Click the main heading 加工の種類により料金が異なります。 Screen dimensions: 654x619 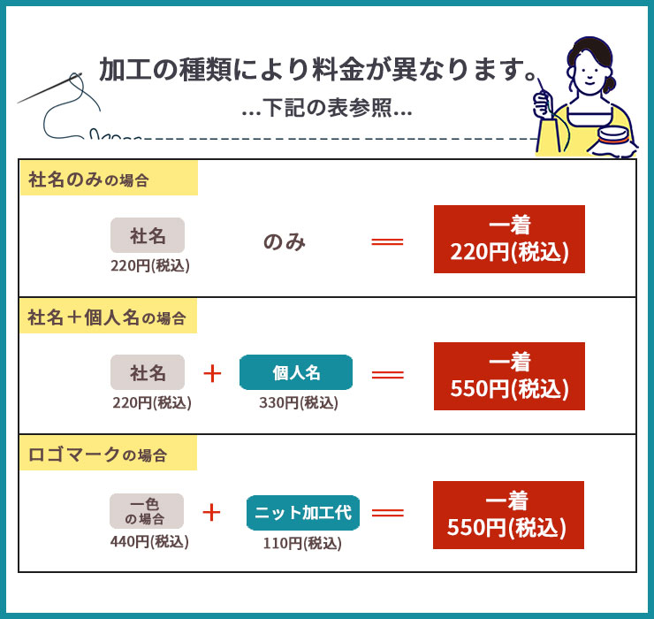click(319, 69)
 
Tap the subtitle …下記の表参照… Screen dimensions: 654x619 click(327, 108)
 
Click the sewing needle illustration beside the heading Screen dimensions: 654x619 click(49, 88)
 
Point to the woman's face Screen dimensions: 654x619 click(589, 69)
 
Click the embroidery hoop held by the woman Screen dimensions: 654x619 click(613, 138)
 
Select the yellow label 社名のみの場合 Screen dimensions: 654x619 click(109, 179)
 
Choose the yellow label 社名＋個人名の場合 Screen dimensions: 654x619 click(109, 316)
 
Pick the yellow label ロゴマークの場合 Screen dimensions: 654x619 click(109, 453)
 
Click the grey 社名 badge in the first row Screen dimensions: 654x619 click(148, 235)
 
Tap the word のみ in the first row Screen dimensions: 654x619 click(285, 241)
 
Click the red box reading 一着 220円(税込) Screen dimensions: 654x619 click(509, 239)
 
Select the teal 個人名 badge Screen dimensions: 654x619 click(296, 372)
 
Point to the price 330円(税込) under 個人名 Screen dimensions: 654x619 click(298, 402)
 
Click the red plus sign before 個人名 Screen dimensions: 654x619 click(212, 373)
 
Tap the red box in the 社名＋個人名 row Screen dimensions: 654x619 click(509, 376)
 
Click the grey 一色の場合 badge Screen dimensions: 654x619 click(147, 511)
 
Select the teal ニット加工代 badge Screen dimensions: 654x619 click(303, 513)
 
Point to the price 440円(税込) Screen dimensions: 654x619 click(149, 541)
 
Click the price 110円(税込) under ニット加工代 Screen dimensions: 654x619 click(302, 543)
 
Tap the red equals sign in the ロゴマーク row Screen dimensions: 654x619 click(387, 512)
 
